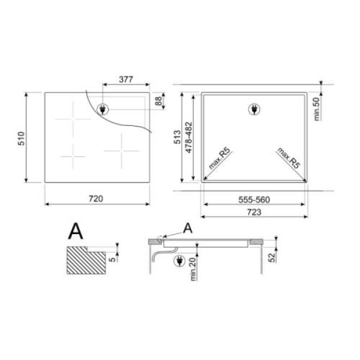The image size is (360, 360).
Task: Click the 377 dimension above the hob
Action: (125, 79)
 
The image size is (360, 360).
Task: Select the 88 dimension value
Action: (159, 101)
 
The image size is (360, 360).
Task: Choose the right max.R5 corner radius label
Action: (289, 157)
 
